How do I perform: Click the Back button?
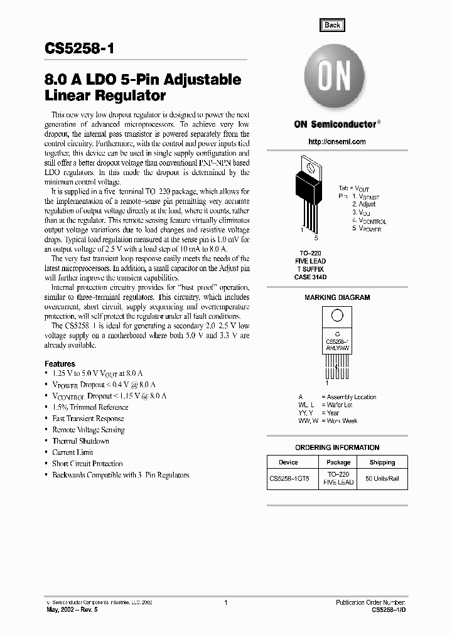pos(332,25)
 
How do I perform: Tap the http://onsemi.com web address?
pos(337,142)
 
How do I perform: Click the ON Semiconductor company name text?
pos(335,124)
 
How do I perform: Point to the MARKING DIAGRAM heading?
pos(337,297)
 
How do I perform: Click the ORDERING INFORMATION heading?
pos(337,447)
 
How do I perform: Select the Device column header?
pos(288,462)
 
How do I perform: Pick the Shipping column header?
pos(382,462)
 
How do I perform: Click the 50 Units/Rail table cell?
pos(382,479)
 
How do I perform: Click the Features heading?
pos(60,364)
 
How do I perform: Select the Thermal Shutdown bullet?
pos(80,441)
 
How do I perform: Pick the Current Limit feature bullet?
pos(73,452)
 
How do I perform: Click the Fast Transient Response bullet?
pos(88,419)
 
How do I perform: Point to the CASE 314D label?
pos(311,277)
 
